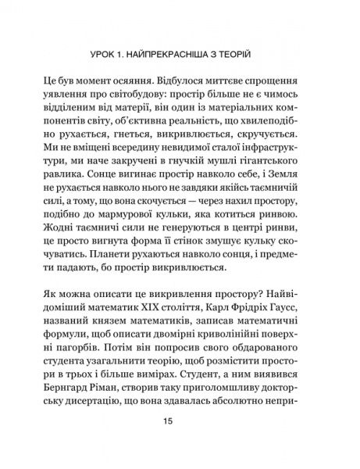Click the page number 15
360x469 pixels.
point(180,425)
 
